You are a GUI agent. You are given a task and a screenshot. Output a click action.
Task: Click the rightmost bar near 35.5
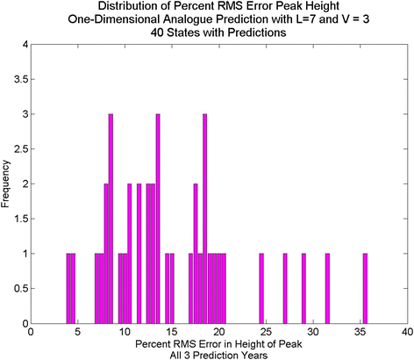coord(365,289)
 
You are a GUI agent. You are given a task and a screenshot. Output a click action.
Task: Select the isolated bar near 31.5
coord(327,289)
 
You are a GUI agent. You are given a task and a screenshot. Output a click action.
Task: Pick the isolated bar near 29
coord(303,289)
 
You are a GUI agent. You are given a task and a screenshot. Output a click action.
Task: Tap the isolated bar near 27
coord(285,289)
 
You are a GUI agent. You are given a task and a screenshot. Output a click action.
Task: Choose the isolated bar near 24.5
coord(261,289)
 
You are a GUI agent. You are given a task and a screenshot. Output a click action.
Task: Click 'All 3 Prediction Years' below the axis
coord(218,354)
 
